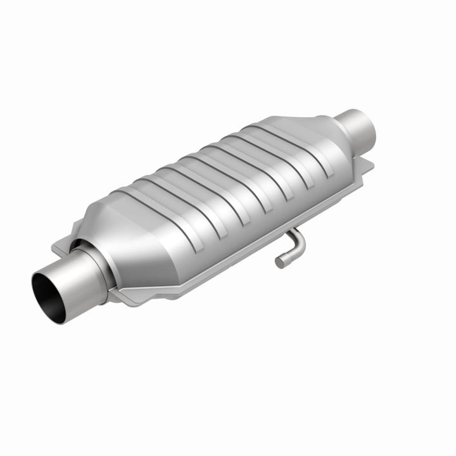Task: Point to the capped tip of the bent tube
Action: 279,262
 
